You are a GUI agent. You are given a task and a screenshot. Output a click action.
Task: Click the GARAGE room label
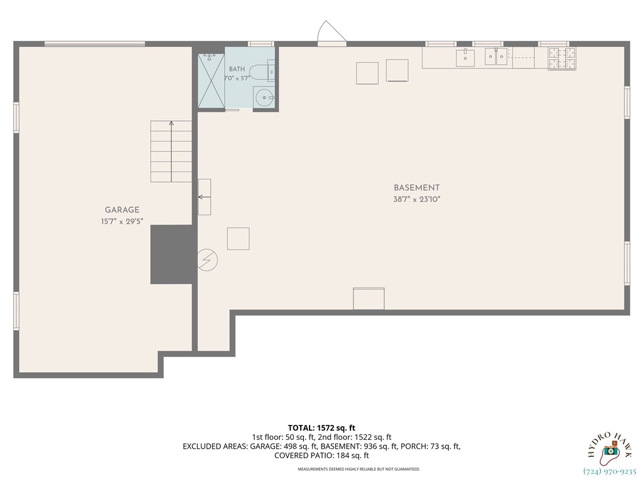click(122, 210)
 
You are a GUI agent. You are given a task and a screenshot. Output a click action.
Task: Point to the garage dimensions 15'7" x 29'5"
click(122, 222)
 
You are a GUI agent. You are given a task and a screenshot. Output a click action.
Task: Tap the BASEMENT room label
click(417, 188)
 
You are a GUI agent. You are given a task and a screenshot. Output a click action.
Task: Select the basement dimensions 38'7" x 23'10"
click(417, 200)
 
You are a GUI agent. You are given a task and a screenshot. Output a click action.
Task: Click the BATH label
click(237, 69)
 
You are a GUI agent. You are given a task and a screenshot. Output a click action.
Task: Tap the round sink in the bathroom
click(263, 97)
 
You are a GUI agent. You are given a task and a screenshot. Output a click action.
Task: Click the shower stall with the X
click(211, 81)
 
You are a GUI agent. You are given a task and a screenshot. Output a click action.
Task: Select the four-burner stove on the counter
click(562, 58)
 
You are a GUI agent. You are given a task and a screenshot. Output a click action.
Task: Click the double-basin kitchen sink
click(496, 56)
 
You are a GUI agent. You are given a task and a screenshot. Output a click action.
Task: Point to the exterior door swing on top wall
click(332, 31)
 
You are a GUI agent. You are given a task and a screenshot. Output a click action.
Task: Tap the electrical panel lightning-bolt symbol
click(207, 260)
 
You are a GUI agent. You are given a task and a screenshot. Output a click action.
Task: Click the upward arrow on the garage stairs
click(171, 151)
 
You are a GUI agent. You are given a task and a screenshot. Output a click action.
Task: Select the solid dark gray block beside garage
click(173, 254)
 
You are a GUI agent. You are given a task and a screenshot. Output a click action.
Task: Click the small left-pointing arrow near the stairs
click(204, 197)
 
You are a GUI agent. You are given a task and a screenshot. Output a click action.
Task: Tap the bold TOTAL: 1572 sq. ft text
click(321, 428)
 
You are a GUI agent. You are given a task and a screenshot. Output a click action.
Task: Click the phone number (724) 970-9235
click(609, 472)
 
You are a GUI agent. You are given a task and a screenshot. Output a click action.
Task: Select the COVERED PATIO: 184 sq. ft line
click(321, 456)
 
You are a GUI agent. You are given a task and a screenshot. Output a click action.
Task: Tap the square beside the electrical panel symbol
click(238, 238)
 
